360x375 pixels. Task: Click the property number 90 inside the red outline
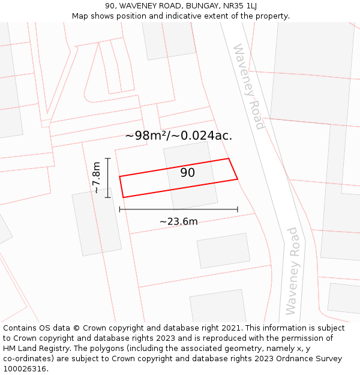[x=188, y=173]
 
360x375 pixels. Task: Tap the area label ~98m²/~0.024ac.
[x=179, y=136]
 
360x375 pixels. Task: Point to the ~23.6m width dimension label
[x=178, y=221]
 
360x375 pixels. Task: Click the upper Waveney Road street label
[x=249, y=86]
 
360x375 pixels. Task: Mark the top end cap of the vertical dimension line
[x=108, y=158]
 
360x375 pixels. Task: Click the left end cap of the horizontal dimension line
[x=120, y=209]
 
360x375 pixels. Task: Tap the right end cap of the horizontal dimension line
[x=238, y=209]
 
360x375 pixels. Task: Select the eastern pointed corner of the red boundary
[x=238, y=179]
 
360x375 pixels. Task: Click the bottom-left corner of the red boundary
[x=123, y=197]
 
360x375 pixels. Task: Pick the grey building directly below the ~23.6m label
[x=223, y=250]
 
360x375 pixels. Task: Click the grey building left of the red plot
[x=97, y=222]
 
